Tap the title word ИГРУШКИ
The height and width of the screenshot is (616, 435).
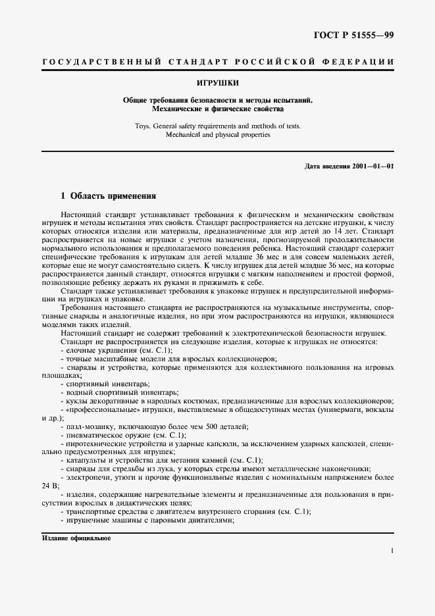(217, 83)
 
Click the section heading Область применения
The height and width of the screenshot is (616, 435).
(113, 195)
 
